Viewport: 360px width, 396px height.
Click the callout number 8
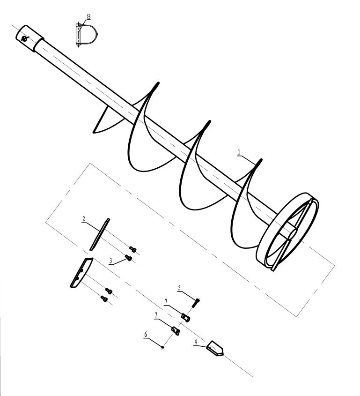(88, 16)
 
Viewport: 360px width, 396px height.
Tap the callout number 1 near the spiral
(239, 152)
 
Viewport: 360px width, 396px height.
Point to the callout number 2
(84, 219)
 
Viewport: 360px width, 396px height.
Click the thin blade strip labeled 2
(100, 234)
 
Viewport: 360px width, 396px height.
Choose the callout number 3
(110, 261)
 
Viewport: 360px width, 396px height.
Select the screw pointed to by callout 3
(129, 258)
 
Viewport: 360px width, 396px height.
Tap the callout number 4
(196, 342)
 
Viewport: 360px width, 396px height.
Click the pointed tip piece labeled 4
(215, 348)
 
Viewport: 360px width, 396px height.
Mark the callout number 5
(179, 288)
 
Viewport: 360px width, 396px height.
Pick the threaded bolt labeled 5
(196, 303)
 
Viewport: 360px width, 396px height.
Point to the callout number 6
(146, 335)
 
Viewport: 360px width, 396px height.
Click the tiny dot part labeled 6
(163, 347)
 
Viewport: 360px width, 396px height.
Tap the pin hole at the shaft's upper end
(24, 38)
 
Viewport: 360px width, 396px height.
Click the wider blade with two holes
(81, 273)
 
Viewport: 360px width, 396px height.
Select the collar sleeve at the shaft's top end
(30, 38)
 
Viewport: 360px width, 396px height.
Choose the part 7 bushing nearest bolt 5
(186, 318)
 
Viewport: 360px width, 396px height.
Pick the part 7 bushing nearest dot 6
(176, 331)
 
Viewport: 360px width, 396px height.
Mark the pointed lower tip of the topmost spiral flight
(94, 132)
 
